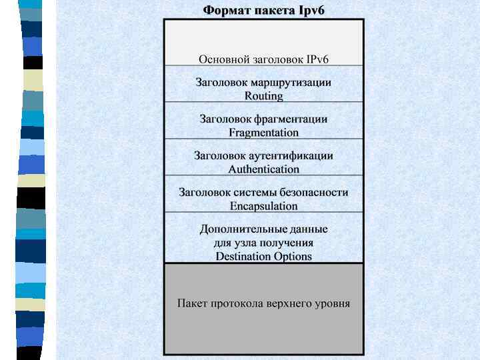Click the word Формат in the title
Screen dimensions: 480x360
point(225,11)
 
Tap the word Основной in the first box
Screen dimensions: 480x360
point(225,59)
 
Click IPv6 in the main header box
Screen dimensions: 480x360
point(317,59)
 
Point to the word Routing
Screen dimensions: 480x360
point(264,96)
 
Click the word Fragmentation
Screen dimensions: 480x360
point(264,133)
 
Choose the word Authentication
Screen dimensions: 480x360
point(264,169)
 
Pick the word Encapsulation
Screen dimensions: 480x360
point(264,206)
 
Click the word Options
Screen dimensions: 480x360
point(293,257)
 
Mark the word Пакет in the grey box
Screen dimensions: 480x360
point(192,304)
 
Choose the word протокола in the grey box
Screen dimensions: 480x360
point(236,304)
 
